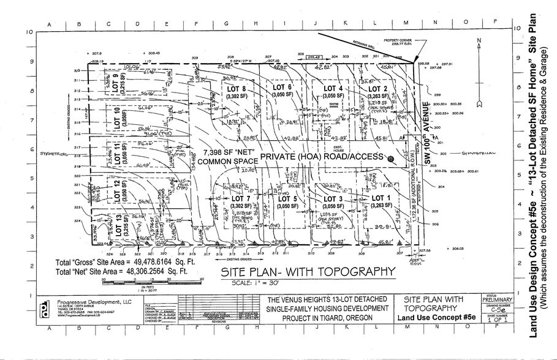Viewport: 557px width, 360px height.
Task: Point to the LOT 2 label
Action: point(378,89)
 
